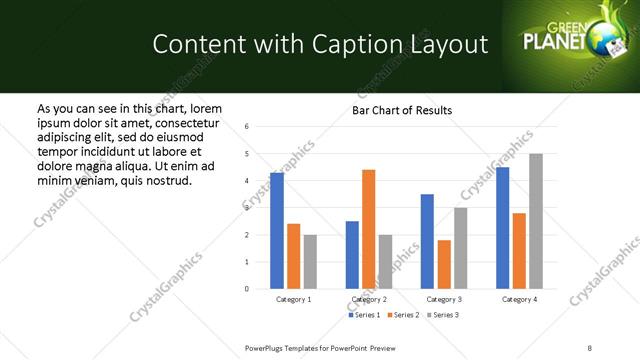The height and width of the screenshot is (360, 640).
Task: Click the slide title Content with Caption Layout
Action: pos(320,44)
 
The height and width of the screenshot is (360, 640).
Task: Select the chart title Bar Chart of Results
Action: pos(402,110)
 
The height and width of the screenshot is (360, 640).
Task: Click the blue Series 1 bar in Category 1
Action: pos(277,231)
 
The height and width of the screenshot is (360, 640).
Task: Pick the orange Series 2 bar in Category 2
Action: pos(368,229)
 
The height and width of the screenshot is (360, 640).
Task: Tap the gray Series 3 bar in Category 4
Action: pos(536,221)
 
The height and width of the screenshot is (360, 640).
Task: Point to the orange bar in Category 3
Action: pos(444,264)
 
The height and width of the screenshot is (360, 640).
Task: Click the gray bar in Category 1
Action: pos(311,262)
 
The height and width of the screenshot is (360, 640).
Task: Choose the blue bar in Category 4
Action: pos(502,228)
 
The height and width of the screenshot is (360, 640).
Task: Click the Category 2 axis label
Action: pos(369,299)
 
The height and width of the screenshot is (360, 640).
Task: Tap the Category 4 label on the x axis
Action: pos(519,299)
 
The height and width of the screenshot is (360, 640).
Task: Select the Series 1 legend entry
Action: pos(365,315)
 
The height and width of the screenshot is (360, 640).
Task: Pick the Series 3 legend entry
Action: pos(443,315)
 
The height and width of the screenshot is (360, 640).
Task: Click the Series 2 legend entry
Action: pos(404,315)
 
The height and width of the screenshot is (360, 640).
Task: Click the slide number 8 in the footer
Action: pos(589,347)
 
